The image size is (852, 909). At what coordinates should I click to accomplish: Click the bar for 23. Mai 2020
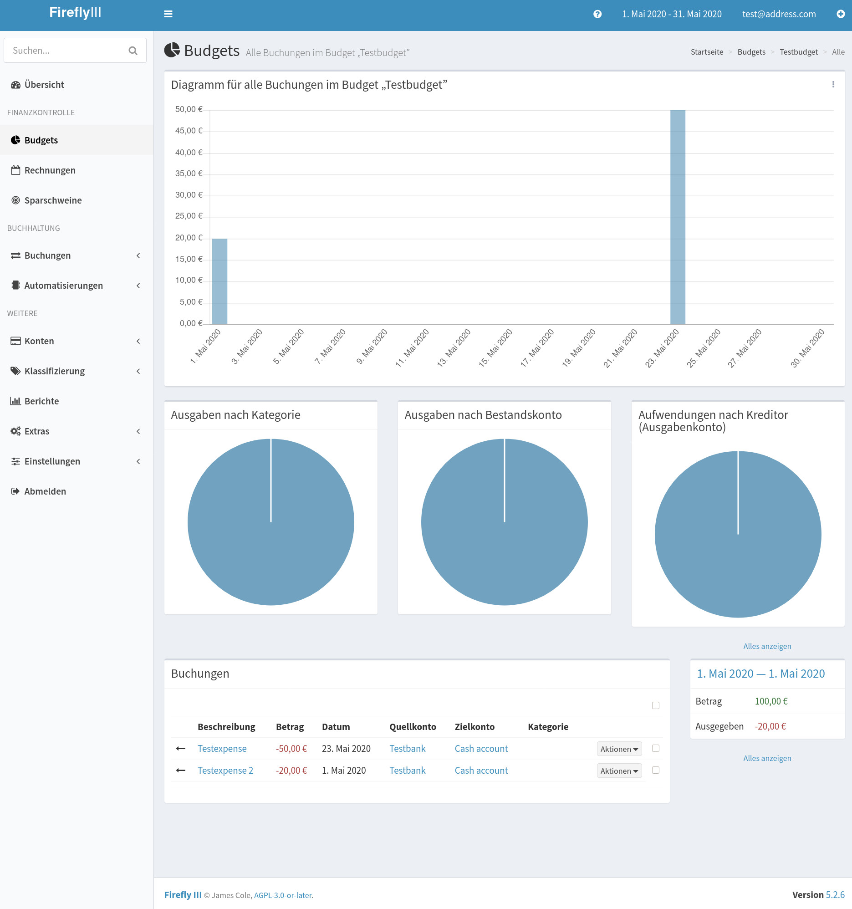(x=678, y=217)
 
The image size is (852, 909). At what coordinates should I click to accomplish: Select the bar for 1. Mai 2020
(x=219, y=281)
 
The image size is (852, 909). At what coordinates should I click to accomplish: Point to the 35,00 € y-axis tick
(x=189, y=174)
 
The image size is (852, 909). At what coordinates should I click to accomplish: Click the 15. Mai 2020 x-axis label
(x=495, y=348)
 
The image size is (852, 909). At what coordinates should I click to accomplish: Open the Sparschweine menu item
(x=52, y=200)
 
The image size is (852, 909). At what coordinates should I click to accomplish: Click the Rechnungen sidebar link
(x=49, y=170)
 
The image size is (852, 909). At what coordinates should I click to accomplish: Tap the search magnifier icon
(x=133, y=51)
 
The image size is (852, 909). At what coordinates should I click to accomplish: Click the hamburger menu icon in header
(x=168, y=14)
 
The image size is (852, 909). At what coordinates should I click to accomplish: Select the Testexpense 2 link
(x=225, y=771)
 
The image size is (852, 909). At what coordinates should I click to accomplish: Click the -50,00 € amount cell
(x=291, y=749)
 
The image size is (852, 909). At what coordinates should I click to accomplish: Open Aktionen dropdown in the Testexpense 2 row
(x=619, y=771)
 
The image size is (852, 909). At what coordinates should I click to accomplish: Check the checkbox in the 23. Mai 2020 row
(x=655, y=748)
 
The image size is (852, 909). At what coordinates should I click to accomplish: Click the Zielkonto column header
(x=474, y=726)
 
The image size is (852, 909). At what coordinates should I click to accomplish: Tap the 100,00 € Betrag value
(x=770, y=701)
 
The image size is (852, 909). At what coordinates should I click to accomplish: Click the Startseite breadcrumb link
(x=707, y=52)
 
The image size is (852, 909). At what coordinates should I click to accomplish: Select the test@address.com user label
(x=778, y=14)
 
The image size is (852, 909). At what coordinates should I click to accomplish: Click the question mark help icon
(x=597, y=14)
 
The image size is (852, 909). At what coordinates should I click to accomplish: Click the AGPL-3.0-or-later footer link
(x=282, y=895)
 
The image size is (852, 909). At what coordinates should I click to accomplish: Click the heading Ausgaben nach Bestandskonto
(x=483, y=415)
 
